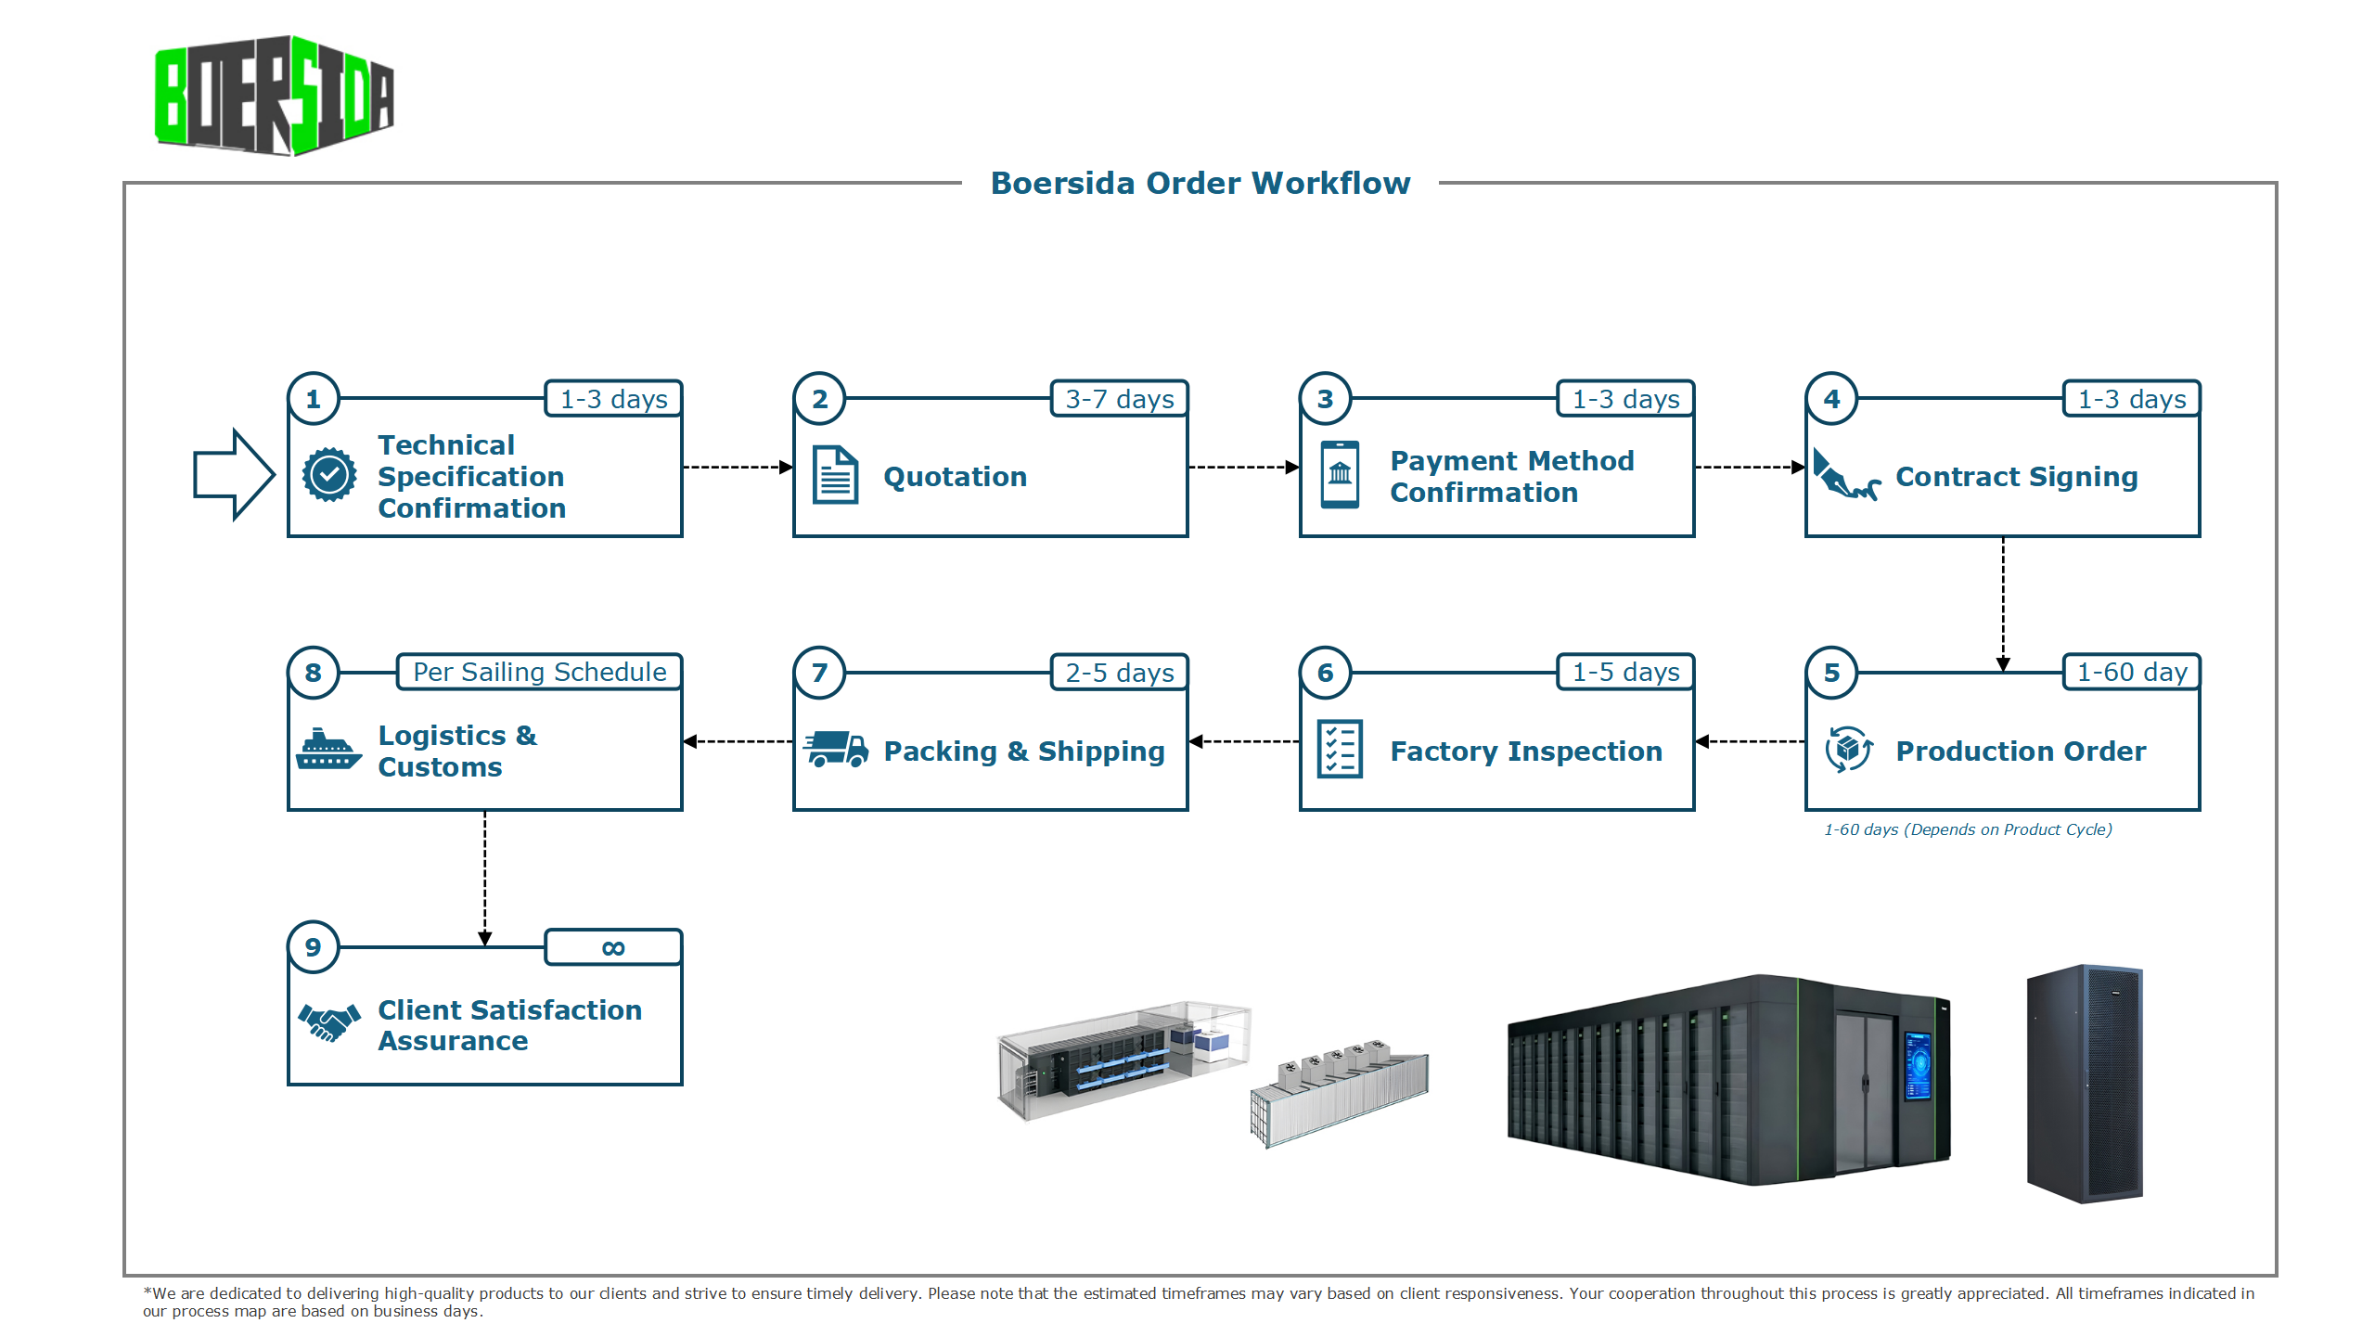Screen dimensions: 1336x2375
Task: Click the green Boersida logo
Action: (274, 96)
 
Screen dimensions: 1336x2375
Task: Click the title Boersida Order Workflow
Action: (1200, 184)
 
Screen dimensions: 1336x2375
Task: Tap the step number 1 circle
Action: (314, 399)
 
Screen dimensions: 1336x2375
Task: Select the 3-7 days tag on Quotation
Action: (1119, 399)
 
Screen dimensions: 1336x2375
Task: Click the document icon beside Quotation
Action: (835, 475)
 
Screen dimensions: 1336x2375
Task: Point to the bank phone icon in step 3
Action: (1340, 475)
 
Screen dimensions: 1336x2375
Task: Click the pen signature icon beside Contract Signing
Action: (1844, 475)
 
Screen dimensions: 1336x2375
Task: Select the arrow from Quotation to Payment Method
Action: (1243, 468)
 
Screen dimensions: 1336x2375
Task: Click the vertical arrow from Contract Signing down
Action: (2003, 603)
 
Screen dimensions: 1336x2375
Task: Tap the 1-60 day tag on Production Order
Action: (2131, 672)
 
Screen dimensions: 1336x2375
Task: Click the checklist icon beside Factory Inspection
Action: (1340, 749)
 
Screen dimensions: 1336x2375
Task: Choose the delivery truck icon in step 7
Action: (835, 749)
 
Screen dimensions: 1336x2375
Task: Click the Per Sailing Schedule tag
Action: (539, 672)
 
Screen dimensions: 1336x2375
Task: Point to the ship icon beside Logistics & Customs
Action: (328, 749)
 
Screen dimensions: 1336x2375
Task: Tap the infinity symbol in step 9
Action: (613, 947)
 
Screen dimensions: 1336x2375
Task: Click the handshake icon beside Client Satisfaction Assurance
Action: (328, 1023)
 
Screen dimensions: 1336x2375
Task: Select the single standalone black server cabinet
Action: (2085, 1084)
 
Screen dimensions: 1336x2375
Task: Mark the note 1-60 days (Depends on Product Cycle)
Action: (1968, 829)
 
